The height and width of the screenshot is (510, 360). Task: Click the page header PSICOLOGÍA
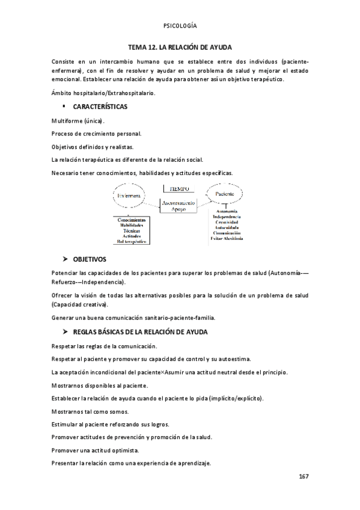point(180,26)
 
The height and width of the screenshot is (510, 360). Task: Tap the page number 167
point(304,476)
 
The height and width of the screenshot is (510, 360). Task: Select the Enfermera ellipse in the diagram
point(129,196)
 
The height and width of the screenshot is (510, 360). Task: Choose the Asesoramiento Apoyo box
point(180,207)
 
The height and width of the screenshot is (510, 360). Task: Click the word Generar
point(63,318)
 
